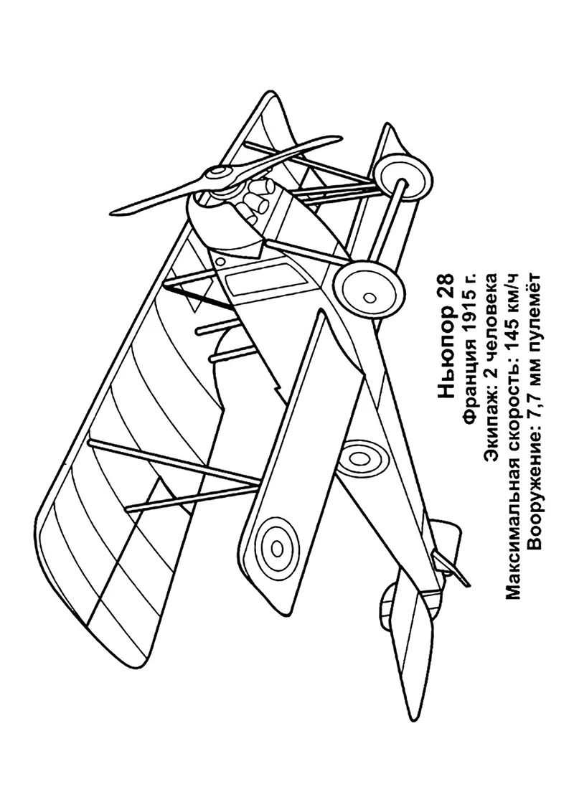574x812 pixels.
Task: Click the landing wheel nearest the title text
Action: [x=367, y=292]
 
